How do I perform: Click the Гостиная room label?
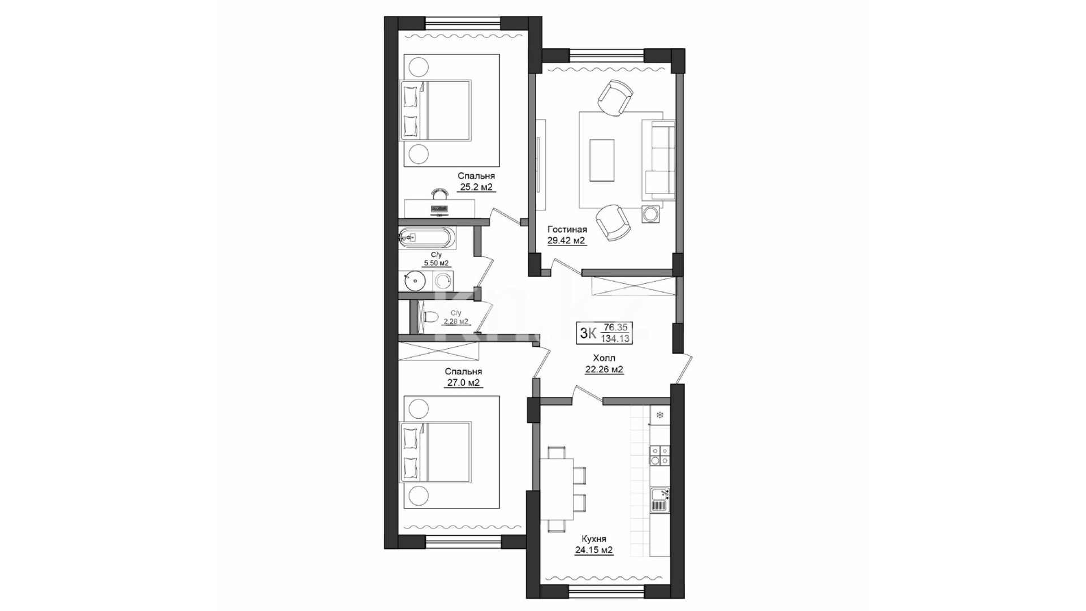pyautogui.click(x=567, y=230)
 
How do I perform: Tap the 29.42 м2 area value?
pyautogui.click(x=566, y=240)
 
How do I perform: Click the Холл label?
pyautogui.click(x=604, y=358)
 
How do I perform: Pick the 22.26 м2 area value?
pyautogui.click(x=604, y=369)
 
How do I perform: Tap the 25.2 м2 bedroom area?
pyautogui.click(x=476, y=187)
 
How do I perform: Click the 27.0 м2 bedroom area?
pyautogui.click(x=463, y=382)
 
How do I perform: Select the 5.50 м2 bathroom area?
pyautogui.click(x=437, y=263)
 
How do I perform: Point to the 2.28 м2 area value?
pyautogui.click(x=456, y=321)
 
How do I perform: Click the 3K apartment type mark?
pyautogui.click(x=588, y=333)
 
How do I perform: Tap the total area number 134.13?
pyautogui.click(x=617, y=339)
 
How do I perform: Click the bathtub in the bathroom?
pyautogui.click(x=426, y=238)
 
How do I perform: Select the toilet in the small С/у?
pyautogui.click(x=430, y=317)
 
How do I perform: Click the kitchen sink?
pyautogui.click(x=660, y=499)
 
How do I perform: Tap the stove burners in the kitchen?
pyautogui.click(x=660, y=455)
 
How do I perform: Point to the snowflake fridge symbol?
pyautogui.click(x=660, y=416)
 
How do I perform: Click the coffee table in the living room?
pyautogui.click(x=602, y=160)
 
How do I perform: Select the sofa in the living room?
pyautogui.click(x=658, y=160)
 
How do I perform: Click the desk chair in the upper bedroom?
pyautogui.click(x=439, y=193)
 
